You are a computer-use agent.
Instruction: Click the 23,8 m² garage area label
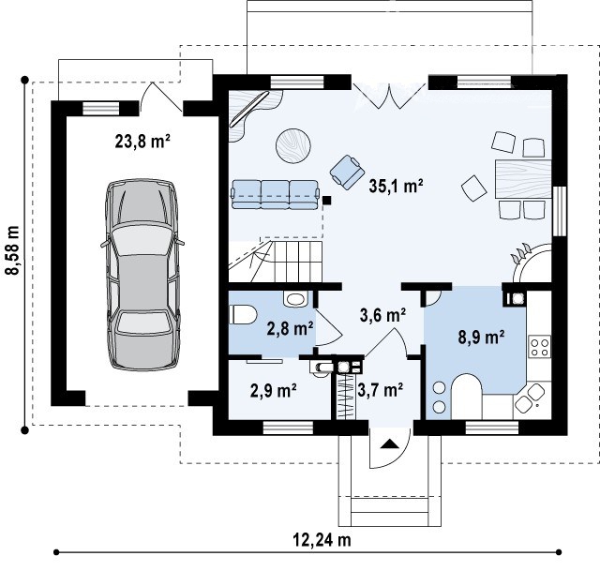click(142, 142)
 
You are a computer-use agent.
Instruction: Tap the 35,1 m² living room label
click(396, 186)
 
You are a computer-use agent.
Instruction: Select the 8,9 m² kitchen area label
click(481, 338)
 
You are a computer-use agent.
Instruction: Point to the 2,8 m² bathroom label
click(291, 328)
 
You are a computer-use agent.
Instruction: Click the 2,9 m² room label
click(274, 390)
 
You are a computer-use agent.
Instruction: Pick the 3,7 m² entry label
click(380, 390)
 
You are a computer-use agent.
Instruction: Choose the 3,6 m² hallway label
click(382, 315)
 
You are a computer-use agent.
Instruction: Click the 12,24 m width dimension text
click(322, 540)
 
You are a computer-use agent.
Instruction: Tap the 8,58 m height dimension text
click(14, 249)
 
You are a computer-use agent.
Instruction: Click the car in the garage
click(142, 275)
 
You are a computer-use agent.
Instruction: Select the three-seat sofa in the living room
click(275, 194)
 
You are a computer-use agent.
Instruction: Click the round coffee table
click(293, 146)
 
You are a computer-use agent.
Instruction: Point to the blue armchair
click(348, 172)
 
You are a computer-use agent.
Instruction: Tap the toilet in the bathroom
click(242, 315)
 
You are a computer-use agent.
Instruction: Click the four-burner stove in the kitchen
click(540, 346)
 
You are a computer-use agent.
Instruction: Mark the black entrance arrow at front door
click(390, 444)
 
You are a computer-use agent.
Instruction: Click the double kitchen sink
click(530, 398)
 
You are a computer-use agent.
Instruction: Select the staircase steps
click(298, 263)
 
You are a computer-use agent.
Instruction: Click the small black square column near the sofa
click(327, 200)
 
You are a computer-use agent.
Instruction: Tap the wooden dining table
click(523, 179)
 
